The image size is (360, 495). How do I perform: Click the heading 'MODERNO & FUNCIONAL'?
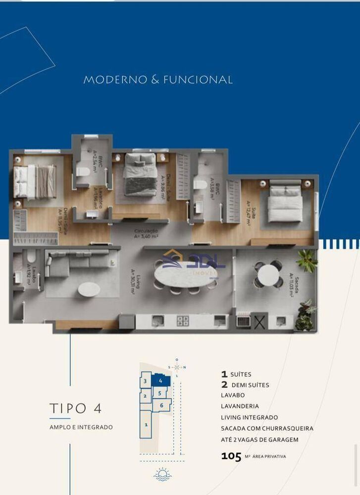158,80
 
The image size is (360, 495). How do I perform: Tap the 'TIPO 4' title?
76,408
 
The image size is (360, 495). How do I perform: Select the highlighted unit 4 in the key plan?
161,381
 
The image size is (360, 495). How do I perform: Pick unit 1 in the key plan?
146,424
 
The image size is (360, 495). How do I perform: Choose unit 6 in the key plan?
161,405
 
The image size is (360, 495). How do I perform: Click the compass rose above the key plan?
177,367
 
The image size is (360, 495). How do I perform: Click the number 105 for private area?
231,457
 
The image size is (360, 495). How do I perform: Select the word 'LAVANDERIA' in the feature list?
240,406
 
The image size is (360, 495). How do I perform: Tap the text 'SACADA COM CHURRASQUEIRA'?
267,429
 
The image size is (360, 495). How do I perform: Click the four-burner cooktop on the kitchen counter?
183,321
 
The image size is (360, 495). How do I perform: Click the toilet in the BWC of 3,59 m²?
201,185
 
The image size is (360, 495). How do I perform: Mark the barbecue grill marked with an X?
260,321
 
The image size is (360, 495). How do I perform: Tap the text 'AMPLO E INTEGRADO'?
81,427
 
